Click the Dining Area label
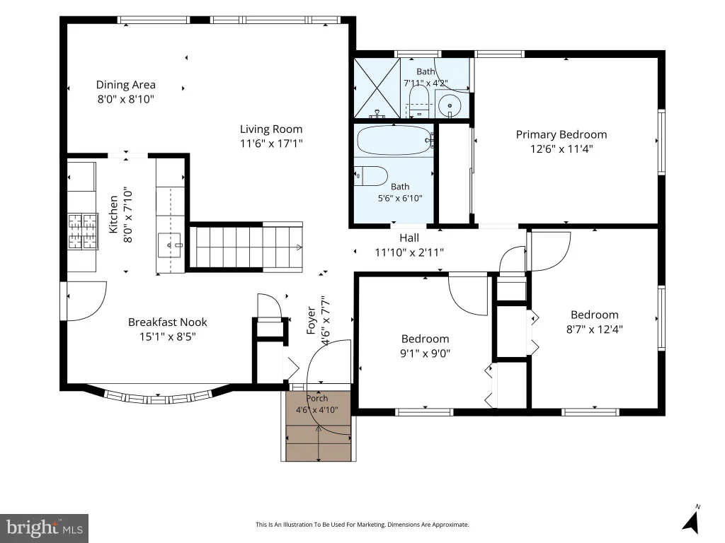(x=126, y=85)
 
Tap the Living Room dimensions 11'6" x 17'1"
(x=271, y=144)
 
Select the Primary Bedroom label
(x=561, y=135)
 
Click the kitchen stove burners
(x=84, y=231)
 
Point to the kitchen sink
(x=171, y=245)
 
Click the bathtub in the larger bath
(x=395, y=141)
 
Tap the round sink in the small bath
(x=450, y=106)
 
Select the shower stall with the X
(x=377, y=88)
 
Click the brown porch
(x=318, y=426)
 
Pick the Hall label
(x=409, y=238)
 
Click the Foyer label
(x=312, y=320)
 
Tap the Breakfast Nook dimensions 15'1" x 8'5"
(x=167, y=337)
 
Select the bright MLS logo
(x=45, y=527)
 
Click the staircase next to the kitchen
(x=246, y=247)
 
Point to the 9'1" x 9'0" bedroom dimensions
(x=426, y=354)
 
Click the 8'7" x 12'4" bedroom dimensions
(x=595, y=329)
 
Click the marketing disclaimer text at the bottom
(x=362, y=525)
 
